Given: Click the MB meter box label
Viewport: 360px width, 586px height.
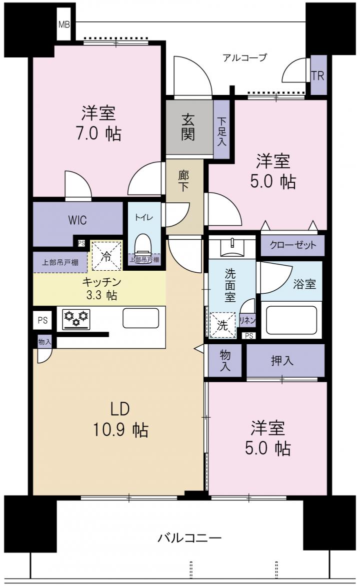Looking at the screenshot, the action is tap(64, 25).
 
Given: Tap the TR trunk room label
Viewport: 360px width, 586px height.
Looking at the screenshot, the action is tap(317, 76).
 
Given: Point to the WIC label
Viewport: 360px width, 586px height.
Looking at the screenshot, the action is tap(77, 220).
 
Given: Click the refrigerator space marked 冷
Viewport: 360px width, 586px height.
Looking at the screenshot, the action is tap(107, 256).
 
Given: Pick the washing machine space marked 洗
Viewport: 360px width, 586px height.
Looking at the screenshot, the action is tap(222, 325).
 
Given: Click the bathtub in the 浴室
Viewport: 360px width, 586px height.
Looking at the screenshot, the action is tap(291, 321).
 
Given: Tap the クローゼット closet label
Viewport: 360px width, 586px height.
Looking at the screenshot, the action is tap(293, 245).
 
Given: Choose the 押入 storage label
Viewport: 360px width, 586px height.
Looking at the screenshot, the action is tap(282, 361).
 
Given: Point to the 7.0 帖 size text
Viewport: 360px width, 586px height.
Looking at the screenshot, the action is tap(98, 134).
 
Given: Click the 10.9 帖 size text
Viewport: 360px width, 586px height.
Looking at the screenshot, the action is tap(120, 430).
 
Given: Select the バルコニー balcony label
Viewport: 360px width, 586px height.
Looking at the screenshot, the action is tap(189, 538).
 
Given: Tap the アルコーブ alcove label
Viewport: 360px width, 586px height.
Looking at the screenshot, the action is tap(244, 57).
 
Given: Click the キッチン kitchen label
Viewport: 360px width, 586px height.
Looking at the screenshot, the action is tap(102, 282).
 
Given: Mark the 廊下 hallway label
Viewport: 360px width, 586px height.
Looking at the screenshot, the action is tap(183, 181).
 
